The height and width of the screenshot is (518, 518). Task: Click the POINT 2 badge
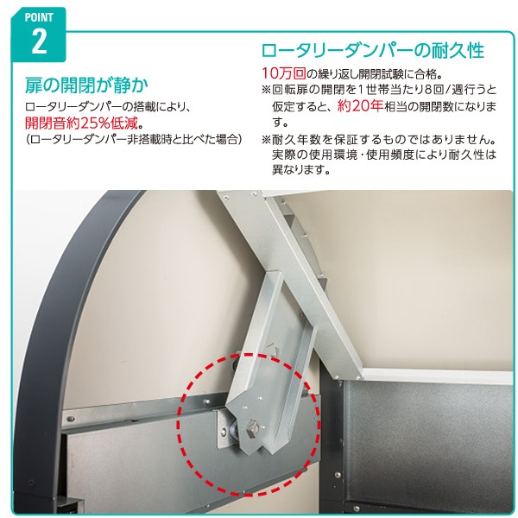point(39,35)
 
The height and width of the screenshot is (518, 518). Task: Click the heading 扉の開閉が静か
point(86,85)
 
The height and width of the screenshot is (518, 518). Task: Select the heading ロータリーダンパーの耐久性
point(373,51)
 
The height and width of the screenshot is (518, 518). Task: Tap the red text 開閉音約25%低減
point(81,123)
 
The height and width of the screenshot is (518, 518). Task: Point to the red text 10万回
point(284,73)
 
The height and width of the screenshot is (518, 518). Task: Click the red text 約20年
point(360,106)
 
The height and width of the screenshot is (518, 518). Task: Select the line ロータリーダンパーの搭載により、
point(109,107)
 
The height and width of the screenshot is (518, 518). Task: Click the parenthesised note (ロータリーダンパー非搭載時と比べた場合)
point(134,139)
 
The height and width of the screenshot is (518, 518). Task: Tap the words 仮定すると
point(297,106)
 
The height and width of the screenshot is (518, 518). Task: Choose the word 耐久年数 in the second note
point(296,140)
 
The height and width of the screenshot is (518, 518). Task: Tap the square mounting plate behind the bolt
point(226,429)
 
